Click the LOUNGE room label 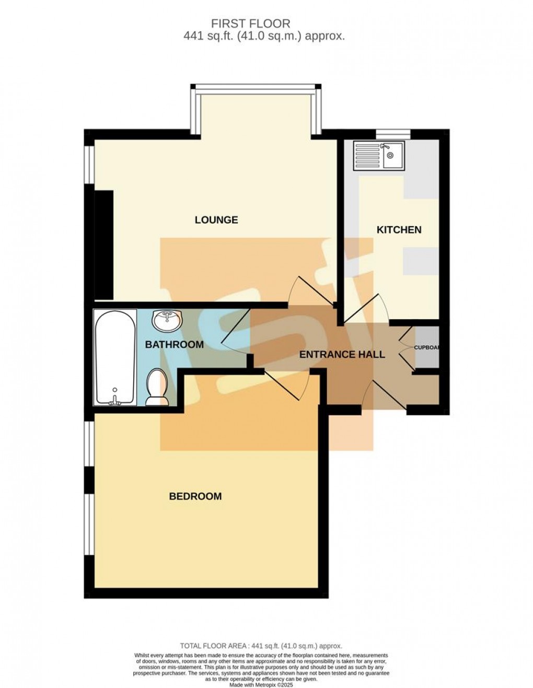(x=216, y=220)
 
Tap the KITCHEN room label (x=399, y=230)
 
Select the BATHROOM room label (x=174, y=345)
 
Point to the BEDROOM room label (x=195, y=496)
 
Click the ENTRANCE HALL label (x=342, y=355)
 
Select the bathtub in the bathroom (x=115, y=357)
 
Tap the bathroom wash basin (x=167, y=320)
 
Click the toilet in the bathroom (x=157, y=388)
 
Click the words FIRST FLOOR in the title (x=250, y=24)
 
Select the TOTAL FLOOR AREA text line (x=261, y=646)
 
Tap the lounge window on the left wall (x=89, y=165)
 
